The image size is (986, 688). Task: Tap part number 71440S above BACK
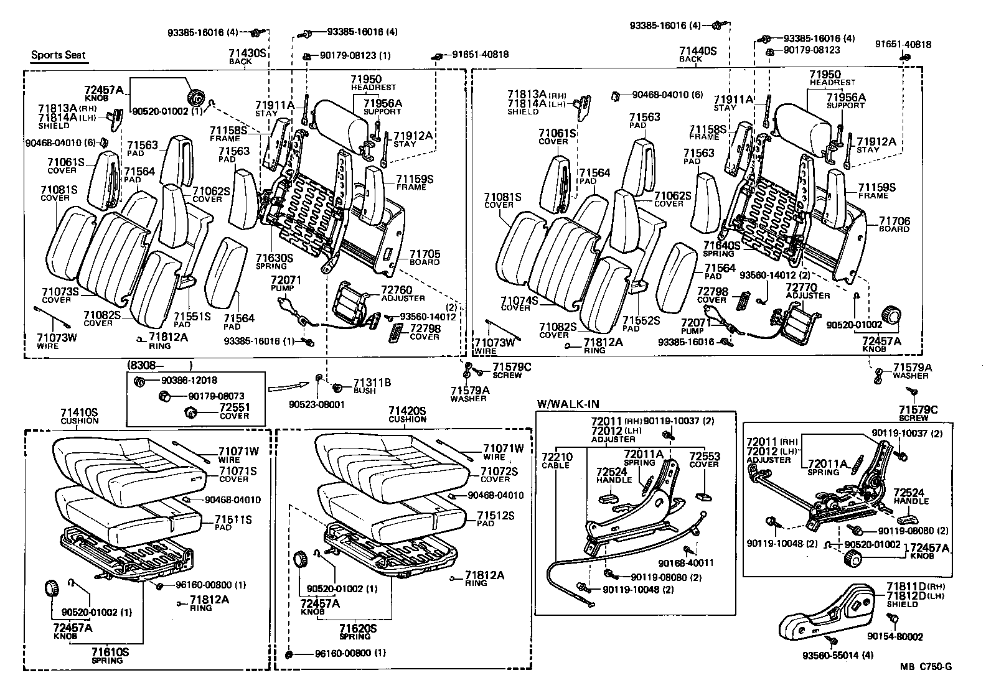698,51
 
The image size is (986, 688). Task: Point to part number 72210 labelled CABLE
557,457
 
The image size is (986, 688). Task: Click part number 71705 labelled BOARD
425,254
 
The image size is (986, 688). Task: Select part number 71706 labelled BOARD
894,221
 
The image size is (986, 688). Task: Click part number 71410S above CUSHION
79,412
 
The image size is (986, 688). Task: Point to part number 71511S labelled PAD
233,519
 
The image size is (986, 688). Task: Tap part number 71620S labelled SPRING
358,629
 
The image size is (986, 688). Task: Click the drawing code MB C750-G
926,667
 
